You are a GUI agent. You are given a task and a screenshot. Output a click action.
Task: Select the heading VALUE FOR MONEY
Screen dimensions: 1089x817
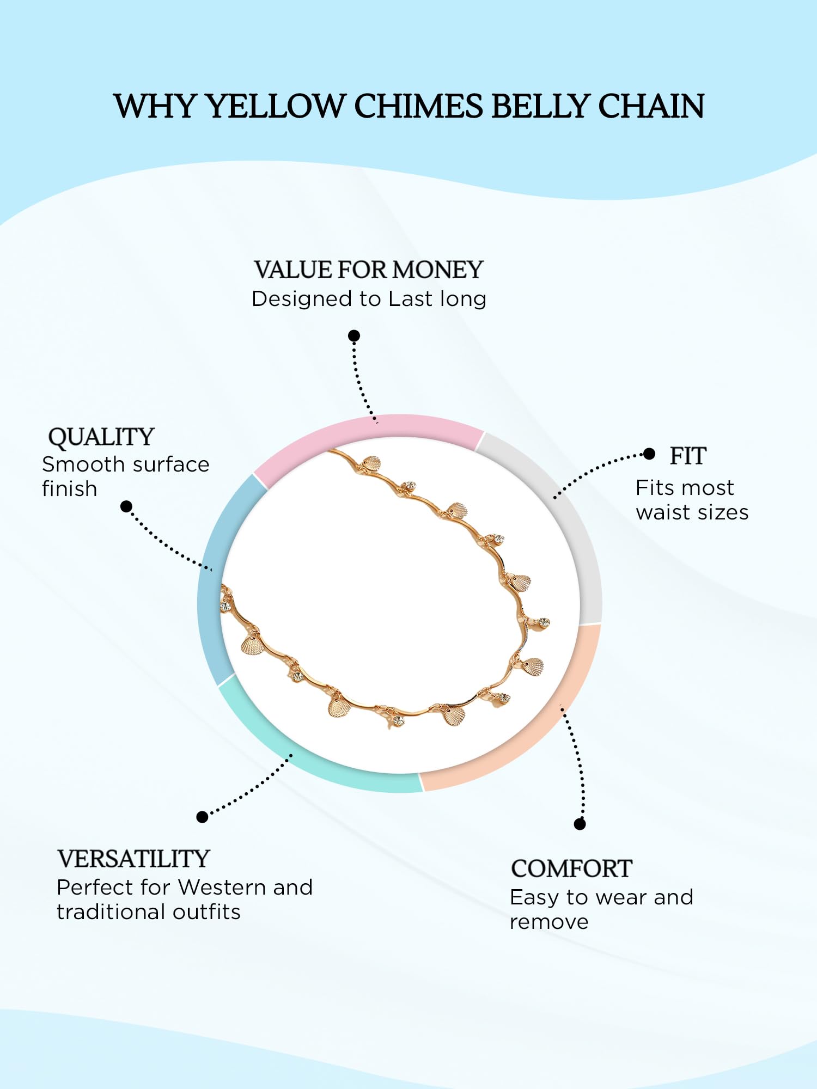(x=369, y=270)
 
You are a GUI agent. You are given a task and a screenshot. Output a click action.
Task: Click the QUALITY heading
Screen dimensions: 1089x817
(x=101, y=437)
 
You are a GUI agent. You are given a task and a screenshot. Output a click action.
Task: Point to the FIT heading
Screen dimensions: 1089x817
(x=688, y=456)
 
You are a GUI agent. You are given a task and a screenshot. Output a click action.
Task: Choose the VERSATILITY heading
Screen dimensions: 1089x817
(x=133, y=859)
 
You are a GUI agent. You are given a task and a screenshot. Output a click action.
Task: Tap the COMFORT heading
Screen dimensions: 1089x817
(x=571, y=869)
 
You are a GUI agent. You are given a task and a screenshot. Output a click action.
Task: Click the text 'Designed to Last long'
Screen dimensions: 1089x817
(x=369, y=299)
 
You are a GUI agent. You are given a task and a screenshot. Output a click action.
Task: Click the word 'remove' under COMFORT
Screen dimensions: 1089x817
(x=549, y=922)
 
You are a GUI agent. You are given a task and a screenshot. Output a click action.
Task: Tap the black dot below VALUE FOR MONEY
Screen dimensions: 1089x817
(x=354, y=335)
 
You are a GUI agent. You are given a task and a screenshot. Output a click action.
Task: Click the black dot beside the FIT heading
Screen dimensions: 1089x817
(x=649, y=454)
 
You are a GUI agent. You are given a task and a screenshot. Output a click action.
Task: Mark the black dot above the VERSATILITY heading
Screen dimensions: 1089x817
(x=202, y=817)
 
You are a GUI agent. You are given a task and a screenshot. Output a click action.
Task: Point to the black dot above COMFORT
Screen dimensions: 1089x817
(x=580, y=824)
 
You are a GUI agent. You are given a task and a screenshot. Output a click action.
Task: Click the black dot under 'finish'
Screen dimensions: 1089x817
(x=126, y=507)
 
